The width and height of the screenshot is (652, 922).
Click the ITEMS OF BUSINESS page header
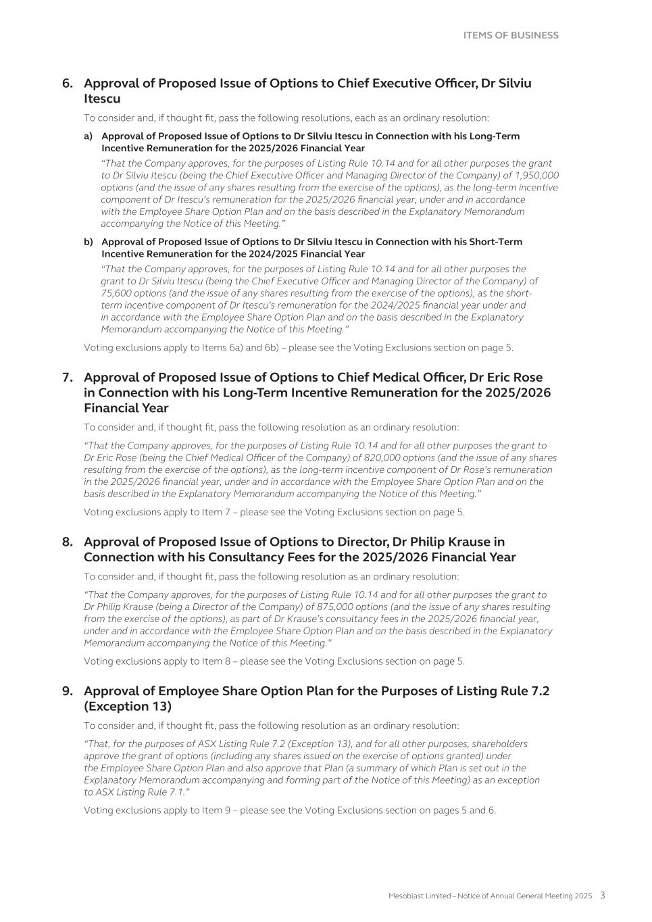pyautogui.click(x=511, y=35)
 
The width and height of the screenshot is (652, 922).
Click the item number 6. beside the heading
pyautogui.click(x=68, y=83)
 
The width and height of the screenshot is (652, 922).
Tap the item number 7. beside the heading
pyautogui.click(x=68, y=378)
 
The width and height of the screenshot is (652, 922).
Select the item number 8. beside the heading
pyautogui.click(x=68, y=542)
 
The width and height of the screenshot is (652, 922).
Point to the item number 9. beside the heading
pyautogui.click(x=68, y=691)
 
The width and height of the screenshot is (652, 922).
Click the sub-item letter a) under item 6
pyautogui.click(x=89, y=136)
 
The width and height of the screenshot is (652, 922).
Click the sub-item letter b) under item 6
pyautogui.click(x=89, y=242)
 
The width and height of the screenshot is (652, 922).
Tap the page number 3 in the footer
pyautogui.click(x=602, y=896)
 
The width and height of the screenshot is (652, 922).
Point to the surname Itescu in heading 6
pyautogui.click(x=102, y=99)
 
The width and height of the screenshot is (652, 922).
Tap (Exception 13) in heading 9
pyautogui.click(x=128, y=707)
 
